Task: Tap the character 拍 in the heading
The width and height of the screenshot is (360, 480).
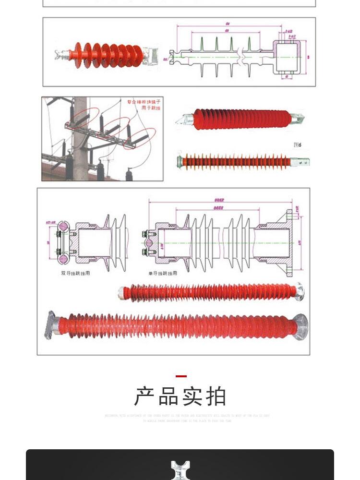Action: (216, 396)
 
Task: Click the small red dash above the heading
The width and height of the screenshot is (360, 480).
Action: (180, 376)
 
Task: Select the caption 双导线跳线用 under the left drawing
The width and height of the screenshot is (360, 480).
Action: (75, 273)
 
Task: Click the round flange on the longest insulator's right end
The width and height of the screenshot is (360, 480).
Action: (300, 327)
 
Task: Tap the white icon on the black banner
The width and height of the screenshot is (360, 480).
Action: (180, 470)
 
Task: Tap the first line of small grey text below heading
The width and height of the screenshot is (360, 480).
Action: (187, 416)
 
